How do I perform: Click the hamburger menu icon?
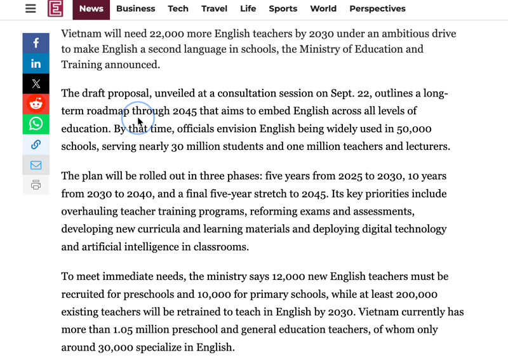click(30, 9)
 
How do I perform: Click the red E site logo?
click(55, 9)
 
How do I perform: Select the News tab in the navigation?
click(91, 9)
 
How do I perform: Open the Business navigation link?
click(136, 9)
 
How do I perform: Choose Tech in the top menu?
click(178, 9)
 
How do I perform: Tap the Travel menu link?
click(214, 9)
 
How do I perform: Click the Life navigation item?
click(248, 9)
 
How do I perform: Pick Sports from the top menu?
click(283, 9)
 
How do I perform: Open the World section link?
click(323, 9)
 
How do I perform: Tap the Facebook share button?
click(36, 43)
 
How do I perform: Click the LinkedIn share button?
click(36, 63)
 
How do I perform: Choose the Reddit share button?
click(36, 103)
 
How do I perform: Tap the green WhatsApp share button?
click(36, 124)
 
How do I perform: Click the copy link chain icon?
click(36, 144)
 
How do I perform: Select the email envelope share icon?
click(36, 165)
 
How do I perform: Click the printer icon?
click(36, 185)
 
